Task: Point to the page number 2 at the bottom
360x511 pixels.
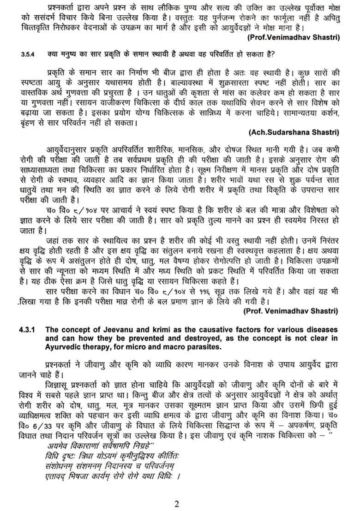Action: (x=176, y=503)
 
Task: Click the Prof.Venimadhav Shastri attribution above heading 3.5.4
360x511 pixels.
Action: (x=293, y=37)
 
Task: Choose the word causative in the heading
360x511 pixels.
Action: (x=214, y=330)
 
